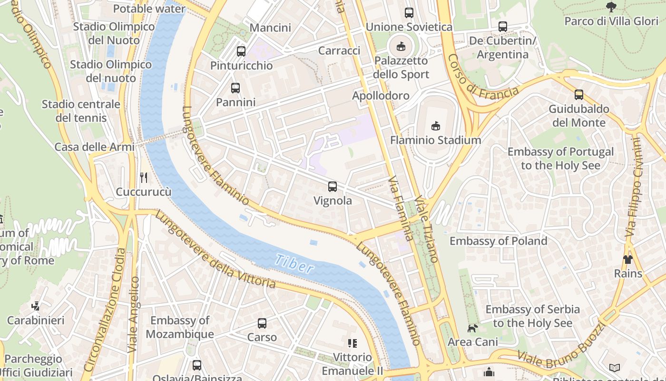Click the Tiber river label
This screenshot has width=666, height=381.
point(294,263)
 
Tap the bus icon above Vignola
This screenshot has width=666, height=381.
point(333,187)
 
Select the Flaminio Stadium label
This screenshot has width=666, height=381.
point(435,140)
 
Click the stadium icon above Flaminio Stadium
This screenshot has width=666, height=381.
point(435,126)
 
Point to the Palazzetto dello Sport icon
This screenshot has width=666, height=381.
point(401,46)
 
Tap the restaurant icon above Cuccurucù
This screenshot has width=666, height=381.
point(144,178)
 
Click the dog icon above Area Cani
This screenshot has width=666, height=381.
point(472,328)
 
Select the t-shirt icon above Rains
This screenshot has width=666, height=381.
point(628,260)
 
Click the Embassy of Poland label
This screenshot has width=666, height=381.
point(498,241)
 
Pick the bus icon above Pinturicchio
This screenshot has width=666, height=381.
point(241,51)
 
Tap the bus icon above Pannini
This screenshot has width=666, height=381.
point(235,88)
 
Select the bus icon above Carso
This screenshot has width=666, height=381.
point(262,323)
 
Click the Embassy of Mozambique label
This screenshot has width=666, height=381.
point(179,327)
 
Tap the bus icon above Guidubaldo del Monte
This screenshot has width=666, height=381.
point(579,95)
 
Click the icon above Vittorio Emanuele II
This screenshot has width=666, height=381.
point(352,343)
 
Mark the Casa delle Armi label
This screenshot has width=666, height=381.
point(94,147)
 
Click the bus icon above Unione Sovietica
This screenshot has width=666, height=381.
point(409,13)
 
